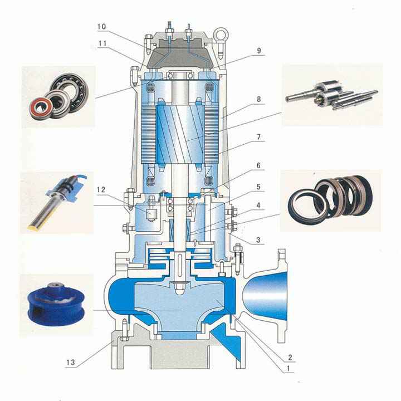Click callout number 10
click(101, 27)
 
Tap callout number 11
click(102, 43)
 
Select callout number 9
click(259, 51)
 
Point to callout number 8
click(259, 99)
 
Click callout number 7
click(259, 137)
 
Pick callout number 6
click(258, 166)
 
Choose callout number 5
click(258, 187)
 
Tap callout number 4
click(258, 206)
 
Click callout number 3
click(258, 240)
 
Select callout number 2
click(290, 357)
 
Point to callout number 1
click(288, 369)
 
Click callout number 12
click(101, 190)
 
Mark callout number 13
click(71, 363)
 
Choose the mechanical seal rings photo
click(330, 199)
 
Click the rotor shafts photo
click(332, 95)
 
